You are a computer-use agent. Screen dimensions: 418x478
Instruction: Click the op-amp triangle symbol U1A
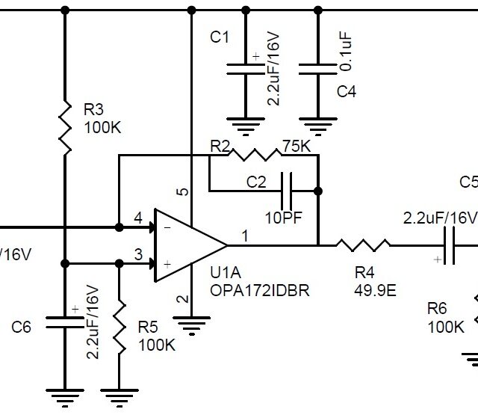[x=187, y=245]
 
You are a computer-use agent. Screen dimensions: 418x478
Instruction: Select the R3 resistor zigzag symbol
[x=65, y=127]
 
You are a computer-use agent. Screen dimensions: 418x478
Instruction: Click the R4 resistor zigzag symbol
[x=362, y=245]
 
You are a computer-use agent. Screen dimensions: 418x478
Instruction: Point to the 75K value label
[x=296, y=145]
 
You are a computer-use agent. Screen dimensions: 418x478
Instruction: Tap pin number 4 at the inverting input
[x=137, y=218]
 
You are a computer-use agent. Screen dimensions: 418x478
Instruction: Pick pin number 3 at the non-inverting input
[x=137, y=254]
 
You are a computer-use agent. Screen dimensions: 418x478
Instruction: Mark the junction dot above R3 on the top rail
[x=65, y=10]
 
